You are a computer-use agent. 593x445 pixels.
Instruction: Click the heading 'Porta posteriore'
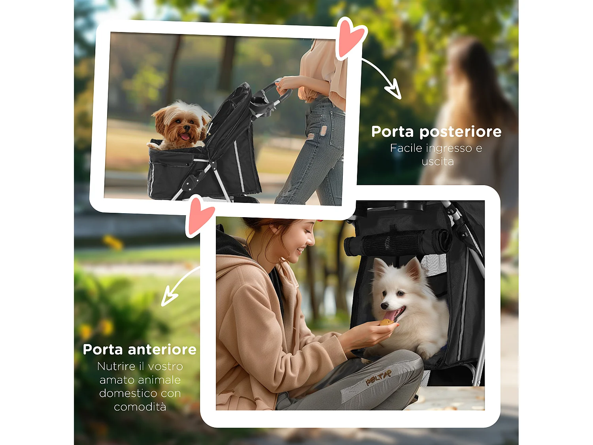436,132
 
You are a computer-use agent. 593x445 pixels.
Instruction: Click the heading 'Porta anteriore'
140,350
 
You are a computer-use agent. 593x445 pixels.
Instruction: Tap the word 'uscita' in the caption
437,162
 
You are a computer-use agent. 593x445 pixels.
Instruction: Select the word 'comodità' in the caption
140,407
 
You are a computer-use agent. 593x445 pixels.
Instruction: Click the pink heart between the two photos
200,216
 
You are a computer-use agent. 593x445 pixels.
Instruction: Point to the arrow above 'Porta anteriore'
178,287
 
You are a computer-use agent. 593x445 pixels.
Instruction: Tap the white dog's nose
383,305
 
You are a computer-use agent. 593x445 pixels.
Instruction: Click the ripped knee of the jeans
323,131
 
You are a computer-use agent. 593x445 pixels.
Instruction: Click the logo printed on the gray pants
378,377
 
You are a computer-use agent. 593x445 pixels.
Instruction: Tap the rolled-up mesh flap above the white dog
397,242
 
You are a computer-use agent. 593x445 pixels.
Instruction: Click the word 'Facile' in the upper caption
406,148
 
